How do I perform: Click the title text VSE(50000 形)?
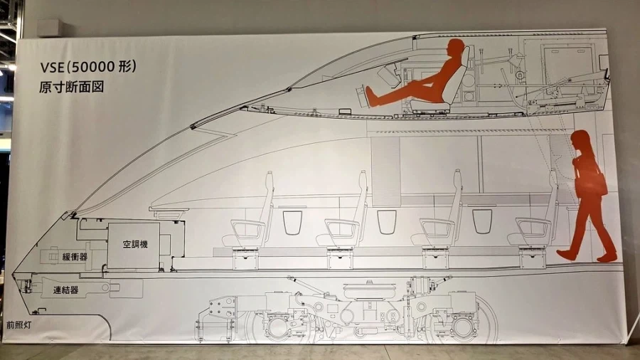pos(87,67)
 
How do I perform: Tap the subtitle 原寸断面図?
pos(71,87)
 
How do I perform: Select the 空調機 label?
pos(134,245)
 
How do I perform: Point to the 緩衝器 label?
pos(75,257)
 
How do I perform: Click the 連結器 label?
pos(65,290)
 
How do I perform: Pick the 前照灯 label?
pos(18,325)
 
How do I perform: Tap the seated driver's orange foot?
pos(370,96)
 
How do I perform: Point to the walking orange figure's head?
pos(580,141)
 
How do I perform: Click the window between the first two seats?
pos(292,222)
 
